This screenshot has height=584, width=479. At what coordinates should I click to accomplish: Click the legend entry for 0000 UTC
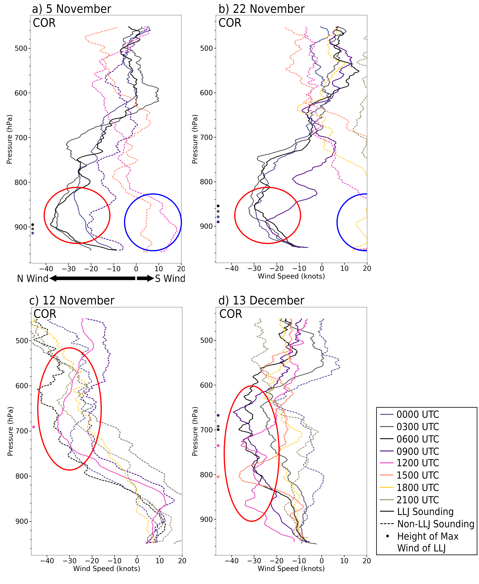click(x=417, y=415)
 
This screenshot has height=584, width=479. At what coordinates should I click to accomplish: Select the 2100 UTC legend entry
click(x=417, y=500)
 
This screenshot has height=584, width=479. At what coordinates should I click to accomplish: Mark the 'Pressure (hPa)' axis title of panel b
click(x=195, y=139)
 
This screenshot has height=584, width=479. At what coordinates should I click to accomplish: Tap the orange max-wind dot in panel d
click(x=218, y=477)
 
